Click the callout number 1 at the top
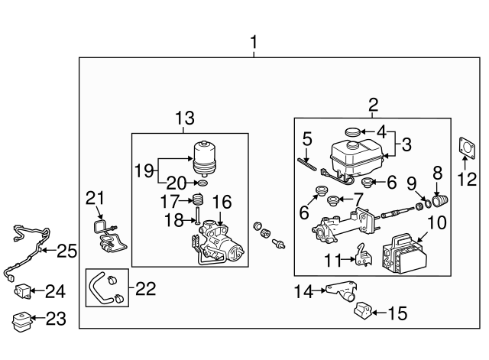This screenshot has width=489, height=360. (x=254, y=43)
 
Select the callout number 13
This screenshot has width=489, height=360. (x=185, y=118)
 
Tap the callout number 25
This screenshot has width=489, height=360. (x=67, y=251)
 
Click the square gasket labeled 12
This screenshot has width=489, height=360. (x=466, y=150)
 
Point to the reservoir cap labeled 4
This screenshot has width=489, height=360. (x=353, y=132)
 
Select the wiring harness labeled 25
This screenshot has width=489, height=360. (x=23, y=245)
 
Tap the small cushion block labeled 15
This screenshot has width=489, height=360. (x=364, y=312)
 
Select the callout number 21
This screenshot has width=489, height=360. (x=93, y=199)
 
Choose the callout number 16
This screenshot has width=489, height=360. (x=221, y=202)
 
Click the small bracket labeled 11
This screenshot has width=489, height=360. (x=363, y=257)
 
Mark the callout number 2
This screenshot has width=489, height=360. (x=373, y=105)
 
